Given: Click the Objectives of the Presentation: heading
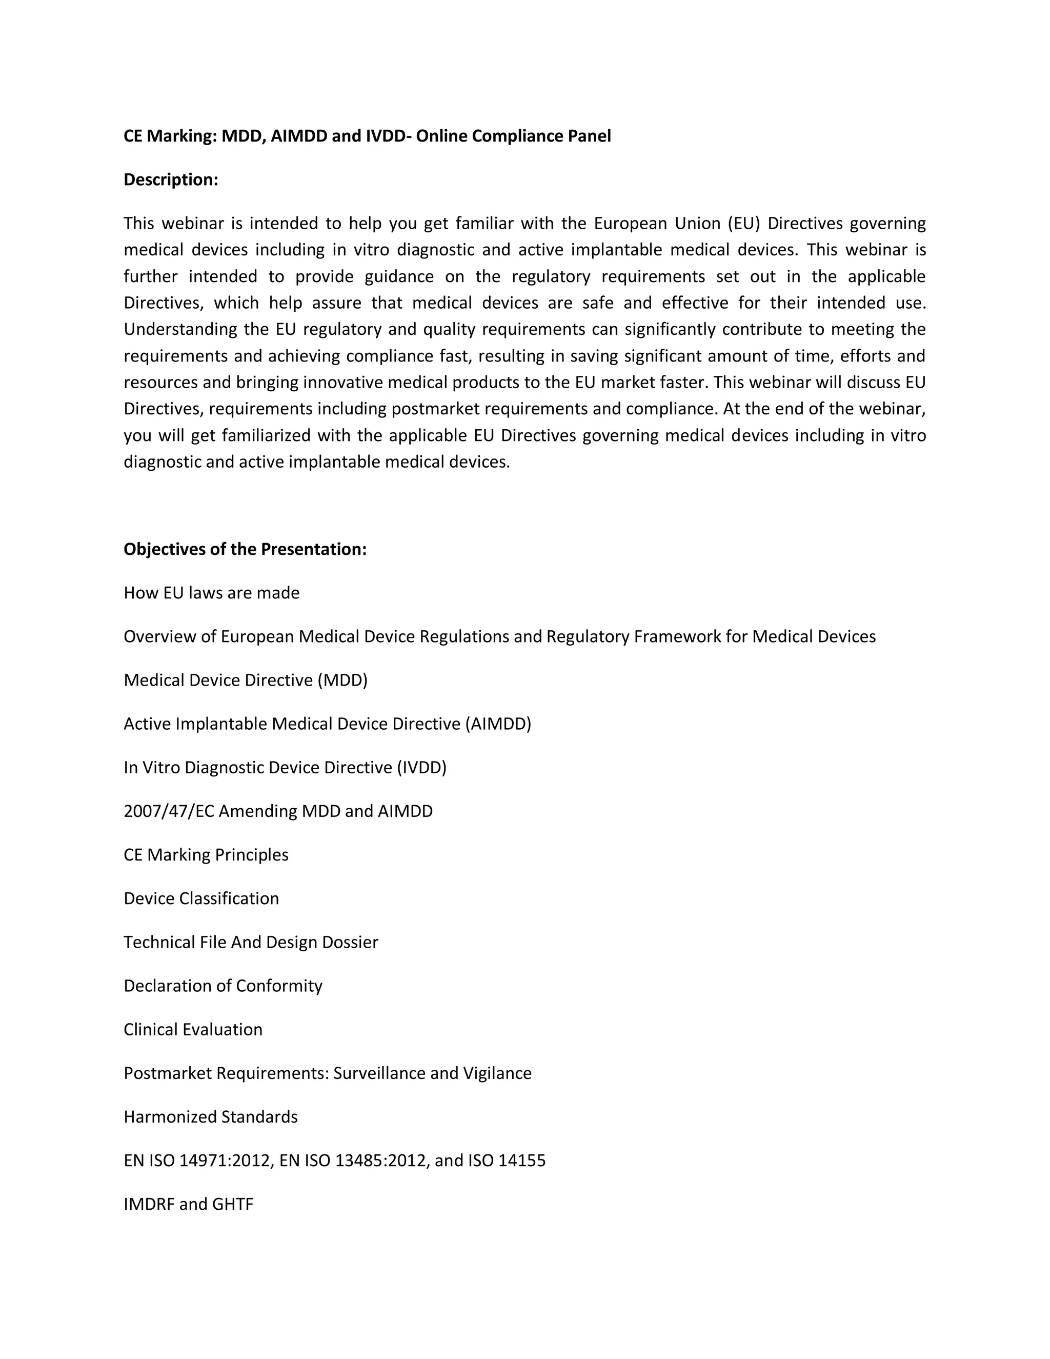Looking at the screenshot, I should coord(245,549).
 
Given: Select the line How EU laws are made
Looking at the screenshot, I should coord(212,593).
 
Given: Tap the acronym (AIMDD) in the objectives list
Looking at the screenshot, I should coord(498,724).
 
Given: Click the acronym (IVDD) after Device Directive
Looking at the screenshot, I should coord(421,768).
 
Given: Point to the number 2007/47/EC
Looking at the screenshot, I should coord(169,811).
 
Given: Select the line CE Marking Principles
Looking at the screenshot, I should coord(206,855).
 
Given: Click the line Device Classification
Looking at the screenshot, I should coord(201,898).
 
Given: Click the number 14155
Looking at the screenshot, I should coord(522,1161).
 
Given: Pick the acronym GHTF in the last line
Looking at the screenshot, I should coord(233,1204).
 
